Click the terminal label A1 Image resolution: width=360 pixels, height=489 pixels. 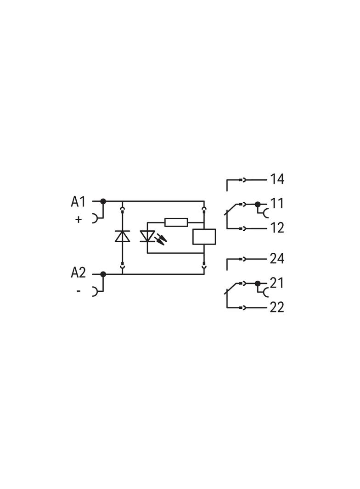[78, 202]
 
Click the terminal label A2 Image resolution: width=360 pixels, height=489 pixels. [78, 272]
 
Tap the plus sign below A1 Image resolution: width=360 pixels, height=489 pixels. [79, 219]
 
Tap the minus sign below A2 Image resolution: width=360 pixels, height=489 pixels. [79, 291]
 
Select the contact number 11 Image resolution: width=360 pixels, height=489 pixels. [277, 203]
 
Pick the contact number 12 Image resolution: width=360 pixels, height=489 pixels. [277, 228]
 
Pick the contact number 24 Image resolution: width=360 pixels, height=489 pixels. [277, 258]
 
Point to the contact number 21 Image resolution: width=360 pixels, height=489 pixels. [277, 283]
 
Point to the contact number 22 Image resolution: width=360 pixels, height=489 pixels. [277, 307]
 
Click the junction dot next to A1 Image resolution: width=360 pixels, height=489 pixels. [103, 201]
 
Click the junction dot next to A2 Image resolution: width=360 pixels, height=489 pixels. [103, 274]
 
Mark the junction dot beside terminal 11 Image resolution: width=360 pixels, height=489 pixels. [258, 204]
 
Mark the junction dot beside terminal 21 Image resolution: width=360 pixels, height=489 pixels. [258, 283]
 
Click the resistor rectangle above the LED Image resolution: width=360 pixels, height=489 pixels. [176, 222]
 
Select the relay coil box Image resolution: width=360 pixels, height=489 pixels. [204, 236]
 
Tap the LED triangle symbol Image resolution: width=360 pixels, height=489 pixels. [147, 236]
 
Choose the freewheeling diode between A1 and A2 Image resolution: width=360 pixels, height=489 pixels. [123, 236]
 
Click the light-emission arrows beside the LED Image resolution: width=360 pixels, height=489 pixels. [162, 239]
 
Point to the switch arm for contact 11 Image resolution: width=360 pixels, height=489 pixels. [232, 209]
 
